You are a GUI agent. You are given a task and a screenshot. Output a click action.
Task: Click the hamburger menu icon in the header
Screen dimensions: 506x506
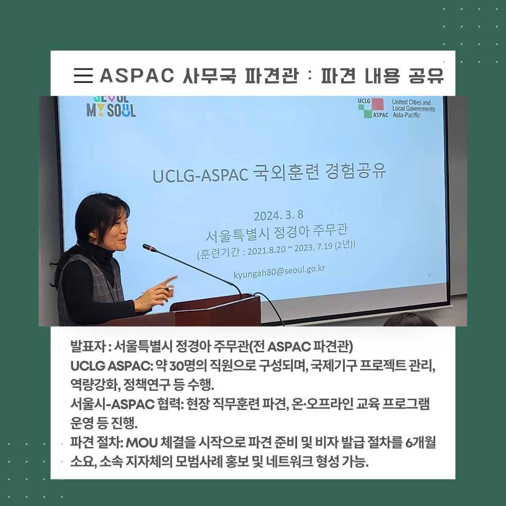(x=83, y=75)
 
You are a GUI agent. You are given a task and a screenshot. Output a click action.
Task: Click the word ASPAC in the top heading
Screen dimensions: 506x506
(x=137, y=75)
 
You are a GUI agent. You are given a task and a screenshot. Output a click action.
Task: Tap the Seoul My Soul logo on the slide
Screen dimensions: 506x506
(x=111, y=106)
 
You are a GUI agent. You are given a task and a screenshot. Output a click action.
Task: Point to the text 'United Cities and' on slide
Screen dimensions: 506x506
(x=411, y=102)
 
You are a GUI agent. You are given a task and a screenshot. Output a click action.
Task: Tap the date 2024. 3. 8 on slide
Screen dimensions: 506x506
(x=278, y=215)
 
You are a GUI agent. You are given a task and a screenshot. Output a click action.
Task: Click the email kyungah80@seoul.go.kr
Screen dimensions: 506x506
(x=279, y=271)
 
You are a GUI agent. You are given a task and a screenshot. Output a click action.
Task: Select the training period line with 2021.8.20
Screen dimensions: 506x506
(x=276, y=250)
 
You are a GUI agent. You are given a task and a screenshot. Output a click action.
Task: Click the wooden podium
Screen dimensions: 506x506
(x=215, y=310)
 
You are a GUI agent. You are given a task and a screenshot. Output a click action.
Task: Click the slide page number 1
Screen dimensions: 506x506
(x=429, y=275)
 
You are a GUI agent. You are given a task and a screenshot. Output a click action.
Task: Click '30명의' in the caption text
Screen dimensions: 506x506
(x=188, y=365)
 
